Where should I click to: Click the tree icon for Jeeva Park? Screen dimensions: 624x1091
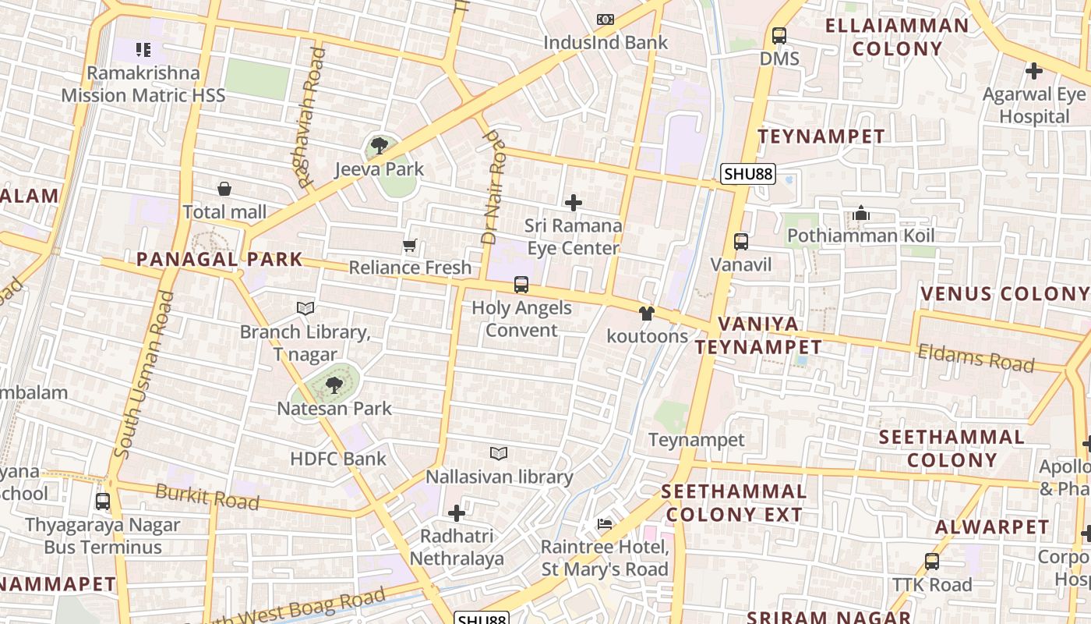pos(380,145)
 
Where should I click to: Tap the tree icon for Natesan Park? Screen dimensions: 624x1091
pos(334,385)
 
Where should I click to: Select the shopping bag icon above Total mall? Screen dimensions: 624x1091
pos(224,189)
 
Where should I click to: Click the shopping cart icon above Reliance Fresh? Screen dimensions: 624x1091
pos(410,246)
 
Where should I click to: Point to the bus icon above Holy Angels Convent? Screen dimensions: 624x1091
pos(521,285)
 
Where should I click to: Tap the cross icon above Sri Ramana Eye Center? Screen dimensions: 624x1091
pos(574,203)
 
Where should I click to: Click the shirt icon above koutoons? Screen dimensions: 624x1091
pos(646,314)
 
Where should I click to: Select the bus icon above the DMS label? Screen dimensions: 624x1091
pos(779,36)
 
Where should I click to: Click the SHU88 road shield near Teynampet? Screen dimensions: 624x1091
pos(747,174)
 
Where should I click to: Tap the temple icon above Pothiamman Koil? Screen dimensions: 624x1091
pos(860,213)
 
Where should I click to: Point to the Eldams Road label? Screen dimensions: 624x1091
pos(976,358)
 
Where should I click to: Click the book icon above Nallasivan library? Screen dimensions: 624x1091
pos(499,453)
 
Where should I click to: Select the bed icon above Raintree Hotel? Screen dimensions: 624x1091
pos(605,523)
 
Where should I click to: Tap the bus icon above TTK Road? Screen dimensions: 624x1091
pos(932,561)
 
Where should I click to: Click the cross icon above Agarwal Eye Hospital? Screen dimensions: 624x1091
pos(1034,71)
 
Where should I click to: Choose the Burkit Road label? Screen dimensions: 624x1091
pos(207,496)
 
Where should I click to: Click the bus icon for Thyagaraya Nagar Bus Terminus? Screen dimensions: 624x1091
pos(103,502)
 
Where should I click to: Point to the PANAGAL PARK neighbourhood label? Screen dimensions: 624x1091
pos(219,259)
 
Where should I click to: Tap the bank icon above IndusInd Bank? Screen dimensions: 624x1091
pos(606,19)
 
